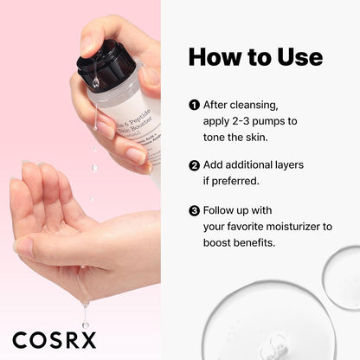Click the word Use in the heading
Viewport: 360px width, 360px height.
[x=296, y=57]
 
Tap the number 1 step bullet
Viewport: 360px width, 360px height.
[x=194, y=106]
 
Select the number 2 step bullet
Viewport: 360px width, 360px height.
[x=194, y=164]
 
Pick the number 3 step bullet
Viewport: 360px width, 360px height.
[x=194, y=210]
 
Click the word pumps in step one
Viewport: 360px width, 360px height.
[x=286, y=122]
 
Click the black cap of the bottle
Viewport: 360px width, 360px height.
[x=105, y=65]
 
